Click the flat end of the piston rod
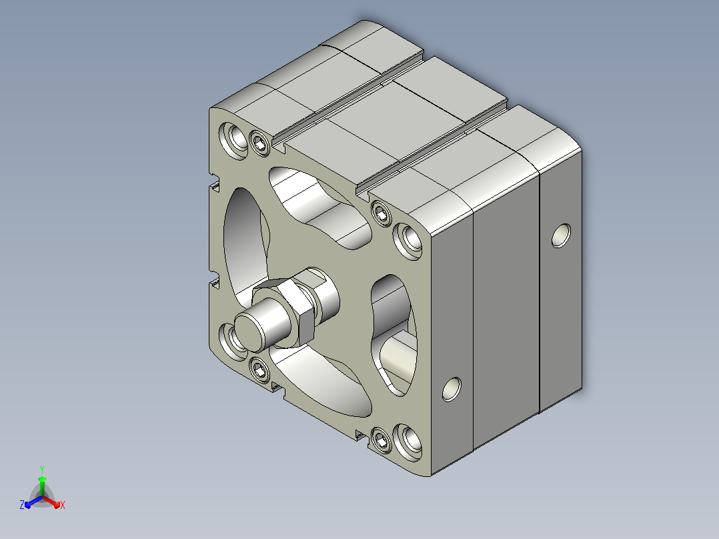click(249, 331)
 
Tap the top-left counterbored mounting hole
click(234, 140)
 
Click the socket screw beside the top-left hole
click(260, 143)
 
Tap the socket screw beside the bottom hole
click(381, 440)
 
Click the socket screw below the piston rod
click(259, 370)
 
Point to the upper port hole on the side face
click(561, 235)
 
